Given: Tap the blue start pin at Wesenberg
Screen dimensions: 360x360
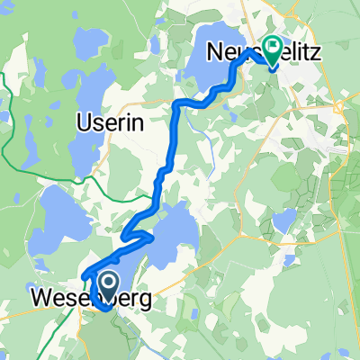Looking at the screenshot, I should tap(108, 286).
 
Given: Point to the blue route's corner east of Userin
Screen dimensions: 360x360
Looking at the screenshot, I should tap(175, 105).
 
